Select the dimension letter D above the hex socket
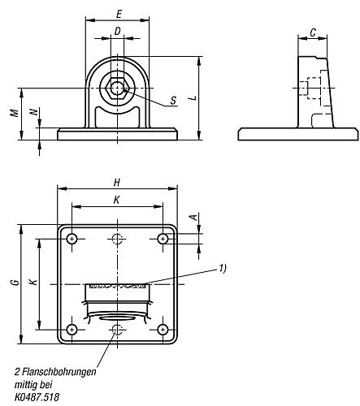click(118, 32)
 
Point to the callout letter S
click(173, 101)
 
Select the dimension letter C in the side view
click(313, 32)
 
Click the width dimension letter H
click(118, 184)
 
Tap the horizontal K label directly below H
click(118, 199)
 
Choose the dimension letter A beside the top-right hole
click(192, 218)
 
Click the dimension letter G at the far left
click(14, 283)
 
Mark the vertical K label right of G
click(33, 283)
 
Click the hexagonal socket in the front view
click(118, 88)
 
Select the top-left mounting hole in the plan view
click(72, 238)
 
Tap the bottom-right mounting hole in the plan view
click(163, 329)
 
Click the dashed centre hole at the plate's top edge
click(118, 238)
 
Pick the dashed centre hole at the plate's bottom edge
click(118, 329)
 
